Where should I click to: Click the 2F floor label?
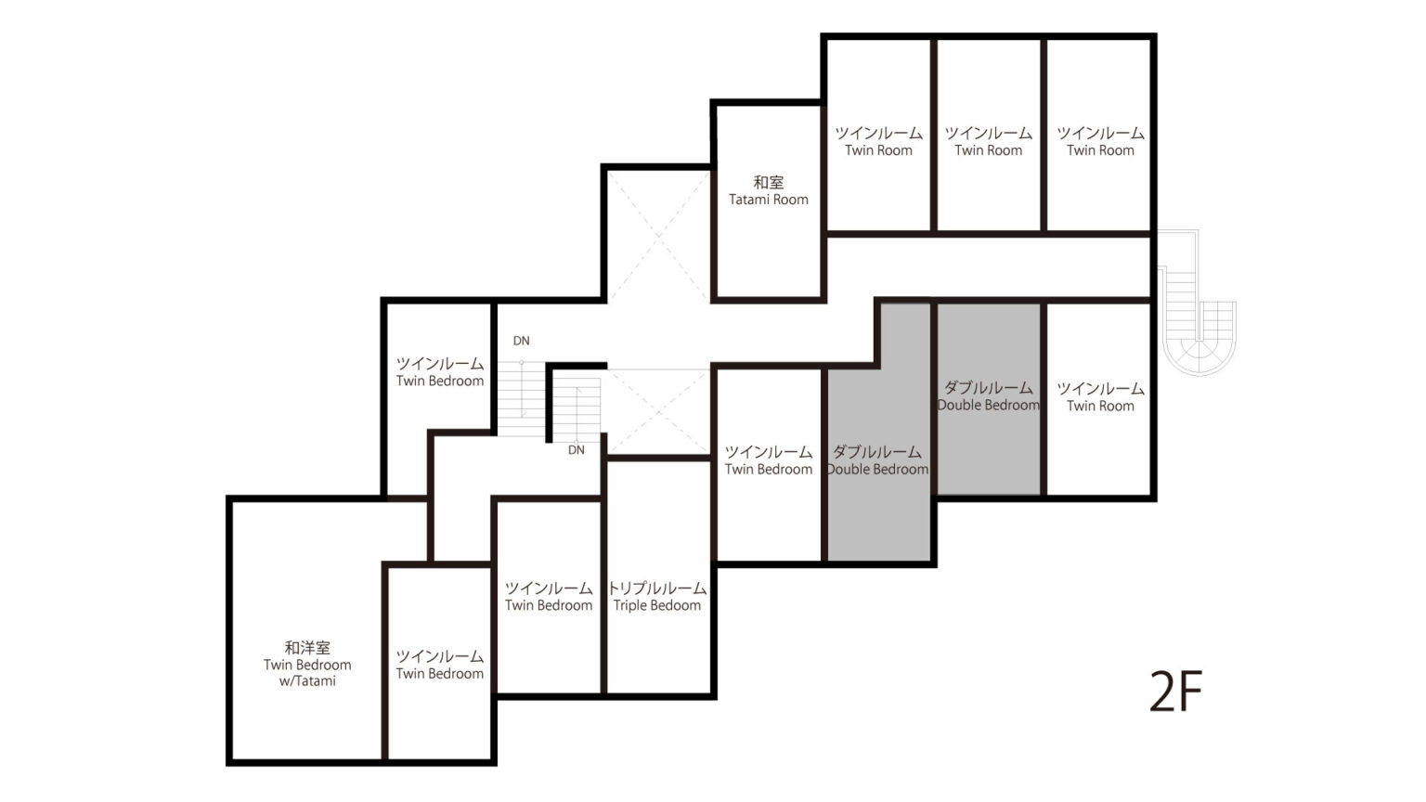1175,692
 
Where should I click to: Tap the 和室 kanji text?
769,183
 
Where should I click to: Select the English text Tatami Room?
769,200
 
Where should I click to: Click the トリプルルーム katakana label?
657,588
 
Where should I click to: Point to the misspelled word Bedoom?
680,605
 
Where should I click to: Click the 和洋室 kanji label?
307,648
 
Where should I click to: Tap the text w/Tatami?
307,681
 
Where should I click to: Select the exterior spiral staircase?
1197,303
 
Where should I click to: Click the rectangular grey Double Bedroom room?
989,398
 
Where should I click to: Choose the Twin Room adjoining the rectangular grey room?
1099,398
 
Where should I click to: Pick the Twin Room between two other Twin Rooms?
989,135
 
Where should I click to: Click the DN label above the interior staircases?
522,342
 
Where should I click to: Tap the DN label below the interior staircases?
577,450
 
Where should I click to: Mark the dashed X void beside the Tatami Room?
658,236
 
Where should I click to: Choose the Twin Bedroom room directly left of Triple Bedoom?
549,597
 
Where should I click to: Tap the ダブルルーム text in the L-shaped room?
877,452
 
